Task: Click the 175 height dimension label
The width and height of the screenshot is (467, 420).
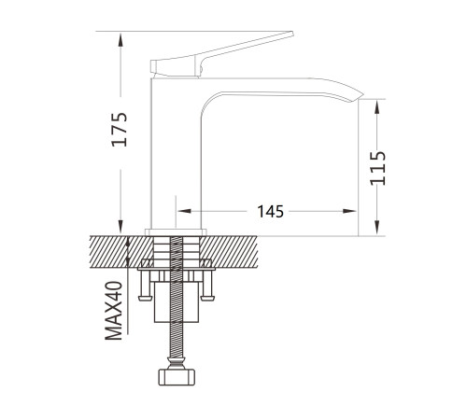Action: point(120,129)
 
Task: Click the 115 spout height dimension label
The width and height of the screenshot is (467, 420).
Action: point(377,168)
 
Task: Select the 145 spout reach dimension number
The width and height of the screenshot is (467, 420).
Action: point(270,212)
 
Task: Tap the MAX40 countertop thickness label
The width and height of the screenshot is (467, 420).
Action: point(114,311)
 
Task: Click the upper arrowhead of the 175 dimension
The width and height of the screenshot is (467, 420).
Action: point(120,39)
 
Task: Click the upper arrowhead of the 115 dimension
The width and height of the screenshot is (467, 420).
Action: point(377,107)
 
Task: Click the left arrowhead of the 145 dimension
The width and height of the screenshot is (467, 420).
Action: point(184,211)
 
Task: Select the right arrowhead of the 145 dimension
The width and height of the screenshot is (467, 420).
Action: point(349,211)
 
